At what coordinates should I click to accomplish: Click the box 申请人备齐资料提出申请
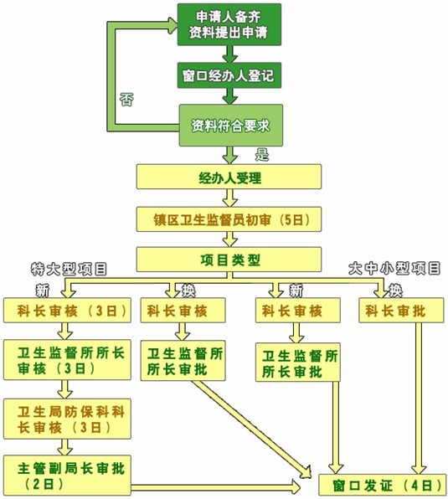pyautogui.click(x=229, y=24)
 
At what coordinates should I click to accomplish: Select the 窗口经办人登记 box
pyautogui.click(x=229, y=75)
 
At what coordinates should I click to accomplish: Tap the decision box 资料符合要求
pyautogui.click(x=230, y=126)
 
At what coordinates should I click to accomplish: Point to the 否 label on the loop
pyautogui.click(x=126, y=100)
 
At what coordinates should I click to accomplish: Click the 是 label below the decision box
pyautogui.click(x=262, y=154)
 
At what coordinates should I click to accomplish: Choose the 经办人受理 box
pyautogui.click(x=229, y=177)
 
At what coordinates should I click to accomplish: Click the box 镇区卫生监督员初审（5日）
pyautogui.click(x=229, y=219)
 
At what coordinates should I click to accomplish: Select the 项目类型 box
pyautogui.click(x=229, y=260)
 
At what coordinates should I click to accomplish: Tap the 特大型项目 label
pyautogui.click(x=69, y=270)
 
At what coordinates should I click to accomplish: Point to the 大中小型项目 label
pyautogui.click(x=394, y=269)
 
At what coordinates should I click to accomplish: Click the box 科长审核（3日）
pyautogui.click(x=67, y=311)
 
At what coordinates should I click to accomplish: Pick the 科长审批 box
pyautogui.click(x=401, y=311)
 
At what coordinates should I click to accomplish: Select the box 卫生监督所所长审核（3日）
pyautogui.click(x=67, y=360)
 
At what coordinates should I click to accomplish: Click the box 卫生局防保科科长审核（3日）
pyautogui.click(x=67, y=419)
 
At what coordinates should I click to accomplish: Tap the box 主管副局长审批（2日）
pyautogui.click(x=67, y=476)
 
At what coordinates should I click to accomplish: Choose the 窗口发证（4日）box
pyautogui.click(x=383, y=485)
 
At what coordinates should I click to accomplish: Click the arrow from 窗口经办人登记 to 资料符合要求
pyautogui.click(x=229, y=96)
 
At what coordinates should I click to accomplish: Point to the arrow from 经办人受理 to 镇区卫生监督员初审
pyautogui.click(x=229, y=198)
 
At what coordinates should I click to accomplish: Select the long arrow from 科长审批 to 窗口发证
pyautogui.click(x=419, y=399)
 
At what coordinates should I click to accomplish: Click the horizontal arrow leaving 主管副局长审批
pyautogui.click(x=216, y=487)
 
